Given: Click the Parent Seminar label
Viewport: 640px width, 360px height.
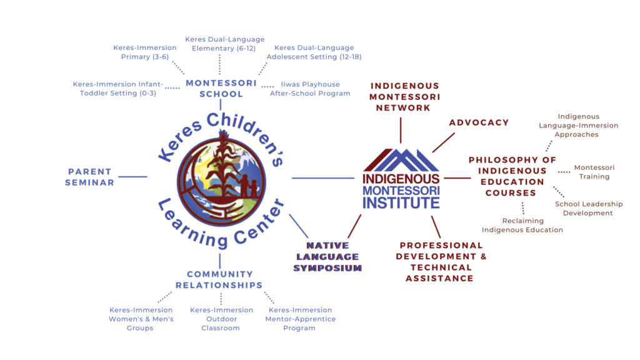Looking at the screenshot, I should point(91,177).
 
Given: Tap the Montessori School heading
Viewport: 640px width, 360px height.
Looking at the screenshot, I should point(221,88).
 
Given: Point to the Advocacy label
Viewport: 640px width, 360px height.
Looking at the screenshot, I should point(479,122).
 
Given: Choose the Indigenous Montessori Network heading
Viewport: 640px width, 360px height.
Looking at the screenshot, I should point(405,97).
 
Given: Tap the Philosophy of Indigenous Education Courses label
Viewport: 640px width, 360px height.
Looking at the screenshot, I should point(512,177).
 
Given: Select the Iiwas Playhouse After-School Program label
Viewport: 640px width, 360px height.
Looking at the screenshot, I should point(310,89).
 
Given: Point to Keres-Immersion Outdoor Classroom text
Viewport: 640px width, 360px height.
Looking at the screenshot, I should point(221,319).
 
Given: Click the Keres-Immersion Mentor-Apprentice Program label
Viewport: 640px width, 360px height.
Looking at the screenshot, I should point(300,319).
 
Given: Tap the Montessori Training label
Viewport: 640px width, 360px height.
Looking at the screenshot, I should point(594,172).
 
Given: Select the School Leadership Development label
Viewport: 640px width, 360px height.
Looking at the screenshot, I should point(588,209).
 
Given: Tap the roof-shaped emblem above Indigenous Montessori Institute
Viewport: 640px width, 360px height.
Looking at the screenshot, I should point(401,160).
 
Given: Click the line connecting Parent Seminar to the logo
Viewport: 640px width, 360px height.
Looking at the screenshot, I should point(132,177).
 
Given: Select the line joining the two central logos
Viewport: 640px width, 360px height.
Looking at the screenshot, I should point(322,179).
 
